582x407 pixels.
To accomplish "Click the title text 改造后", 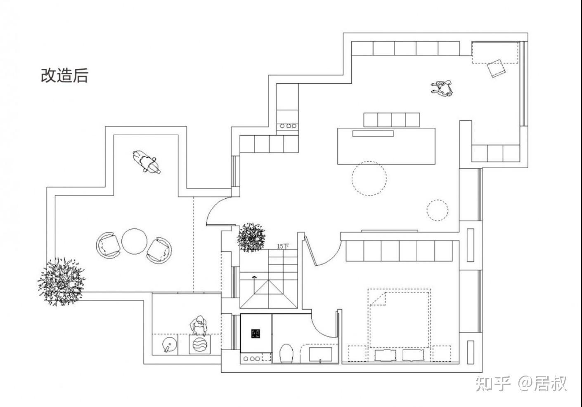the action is (64, 76).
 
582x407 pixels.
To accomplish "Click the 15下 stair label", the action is (283, 246).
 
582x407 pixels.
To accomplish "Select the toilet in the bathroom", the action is (286, 353).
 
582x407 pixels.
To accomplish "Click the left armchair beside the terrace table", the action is (108, 245).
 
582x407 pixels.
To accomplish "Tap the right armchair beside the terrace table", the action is (159, 249).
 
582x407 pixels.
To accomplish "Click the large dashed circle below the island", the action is (369, 178).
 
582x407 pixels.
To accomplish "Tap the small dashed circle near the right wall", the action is (437, 210).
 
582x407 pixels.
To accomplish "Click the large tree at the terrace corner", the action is (62, 282).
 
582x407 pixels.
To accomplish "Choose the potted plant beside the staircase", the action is (251, 237).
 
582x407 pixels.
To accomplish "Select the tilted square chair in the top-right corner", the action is (496, 69).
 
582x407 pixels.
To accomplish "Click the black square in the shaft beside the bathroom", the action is (255, 333).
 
